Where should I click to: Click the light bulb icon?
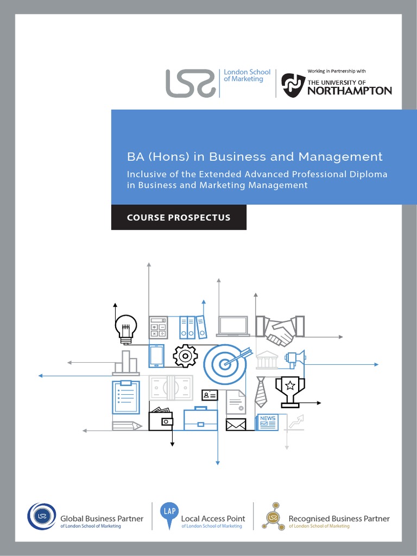125,328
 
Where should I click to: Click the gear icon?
185,356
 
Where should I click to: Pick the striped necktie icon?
261,392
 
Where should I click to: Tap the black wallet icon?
161,419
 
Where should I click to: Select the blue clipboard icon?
126,397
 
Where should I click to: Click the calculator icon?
158,327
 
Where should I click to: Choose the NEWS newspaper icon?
267,422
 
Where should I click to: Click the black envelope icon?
236,424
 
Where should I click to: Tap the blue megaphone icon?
296,357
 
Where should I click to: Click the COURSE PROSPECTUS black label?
179,217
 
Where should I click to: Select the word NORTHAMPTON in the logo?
350,91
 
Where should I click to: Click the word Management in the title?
340,157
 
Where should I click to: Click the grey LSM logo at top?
190,83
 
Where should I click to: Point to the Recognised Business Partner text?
339,519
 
